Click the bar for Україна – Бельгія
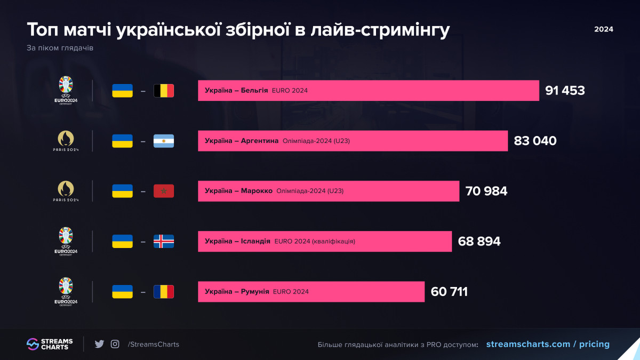(x=368, y=91)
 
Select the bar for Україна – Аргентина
(x=353, y=141)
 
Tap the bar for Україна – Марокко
(x=328, y=191)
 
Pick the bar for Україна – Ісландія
(x=324, y=242)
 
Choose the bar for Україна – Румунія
(x=311, y=292)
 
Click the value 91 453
(x=565, y=91)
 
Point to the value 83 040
(x=535, y=141)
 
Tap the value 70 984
(x=486, y=191)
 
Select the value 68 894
(x=479, y=242)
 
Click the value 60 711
(x=449, y=292)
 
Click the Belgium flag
(x=164, y=91)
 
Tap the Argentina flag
(x=164, y=141)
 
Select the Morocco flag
(x=164, y=191)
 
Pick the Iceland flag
(x=164, y=242)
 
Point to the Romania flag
(x=164, y=292)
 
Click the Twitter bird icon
(x=99, y=344)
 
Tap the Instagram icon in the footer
(x=115, y=344)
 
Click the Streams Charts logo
(x=50, y=344)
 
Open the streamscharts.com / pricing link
(x=548, y=344)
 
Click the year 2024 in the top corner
(x=604, y=29)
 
